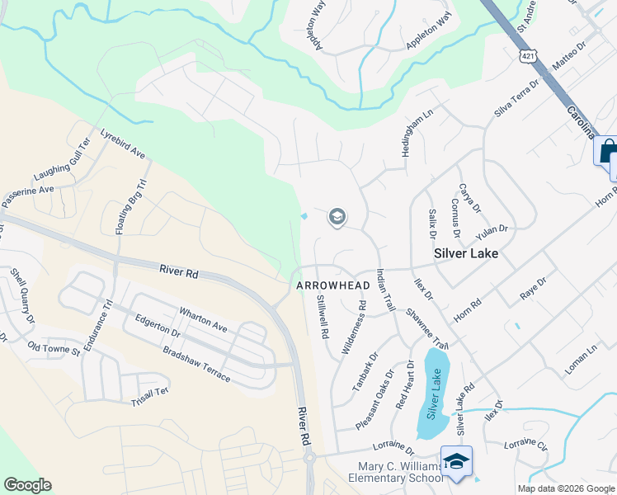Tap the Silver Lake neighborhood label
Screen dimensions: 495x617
point(466,253)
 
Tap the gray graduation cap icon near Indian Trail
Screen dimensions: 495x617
point(337,217)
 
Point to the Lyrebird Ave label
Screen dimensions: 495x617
point(123,144)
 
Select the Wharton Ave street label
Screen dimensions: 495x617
point(203,320)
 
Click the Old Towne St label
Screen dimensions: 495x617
point(54,349)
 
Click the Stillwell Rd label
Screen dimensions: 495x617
point(323,318)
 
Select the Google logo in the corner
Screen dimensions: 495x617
point(27,485)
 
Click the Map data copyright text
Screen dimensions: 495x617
point(565,488)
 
